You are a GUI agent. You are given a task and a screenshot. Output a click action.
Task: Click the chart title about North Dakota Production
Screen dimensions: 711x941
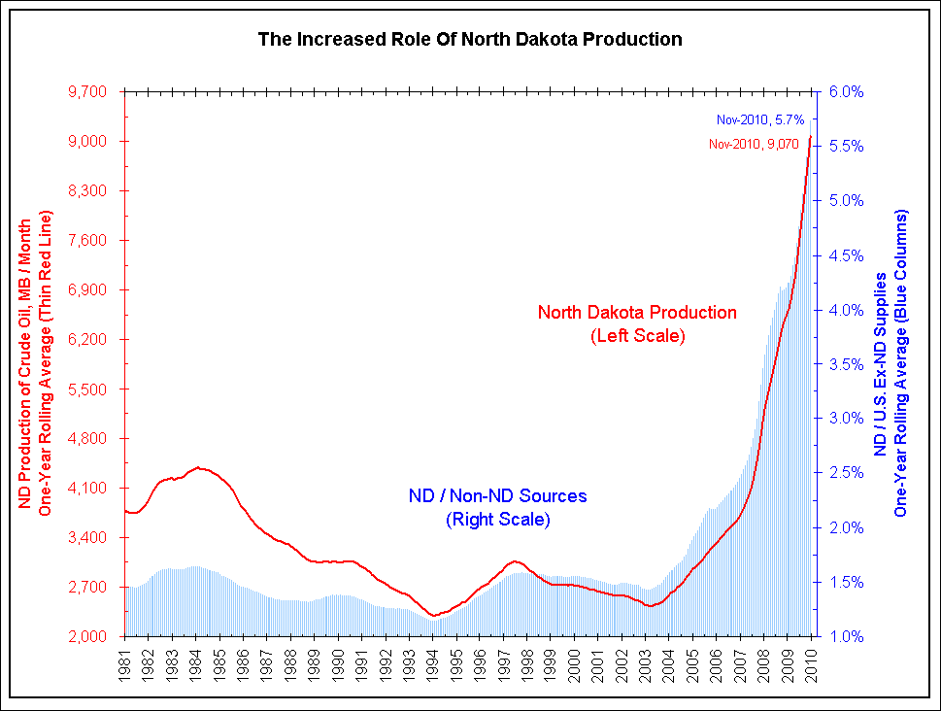[x=470, y=40]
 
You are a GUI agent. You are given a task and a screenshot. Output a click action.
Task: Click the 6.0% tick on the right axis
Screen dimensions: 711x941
[x=844, y=92]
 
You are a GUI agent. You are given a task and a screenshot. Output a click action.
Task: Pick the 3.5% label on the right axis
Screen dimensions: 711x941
[x=844, y=365]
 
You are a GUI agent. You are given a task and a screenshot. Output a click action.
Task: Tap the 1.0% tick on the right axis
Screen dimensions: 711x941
[x=844, y=637]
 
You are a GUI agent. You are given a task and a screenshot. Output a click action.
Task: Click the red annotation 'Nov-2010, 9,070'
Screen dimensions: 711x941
[x=754, y=144]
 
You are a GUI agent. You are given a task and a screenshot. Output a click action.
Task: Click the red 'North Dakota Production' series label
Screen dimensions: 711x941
[x=637, y=313]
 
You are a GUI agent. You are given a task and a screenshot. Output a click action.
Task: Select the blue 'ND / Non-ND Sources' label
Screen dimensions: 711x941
[x=497, y=496]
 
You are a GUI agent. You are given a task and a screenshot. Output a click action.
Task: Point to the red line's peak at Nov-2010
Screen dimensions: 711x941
[x=810, y=137]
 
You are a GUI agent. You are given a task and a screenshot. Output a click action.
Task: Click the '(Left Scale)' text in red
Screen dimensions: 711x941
[x=638, y=336]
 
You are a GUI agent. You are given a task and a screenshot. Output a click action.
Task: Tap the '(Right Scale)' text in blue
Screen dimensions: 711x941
[x=497, y=520]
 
